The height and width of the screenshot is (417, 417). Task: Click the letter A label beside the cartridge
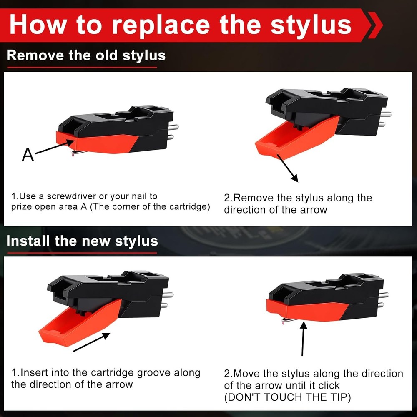tap(28, 155)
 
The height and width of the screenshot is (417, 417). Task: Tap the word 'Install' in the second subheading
tap(28, 241)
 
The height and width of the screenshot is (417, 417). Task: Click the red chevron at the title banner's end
tap(375, 25)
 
